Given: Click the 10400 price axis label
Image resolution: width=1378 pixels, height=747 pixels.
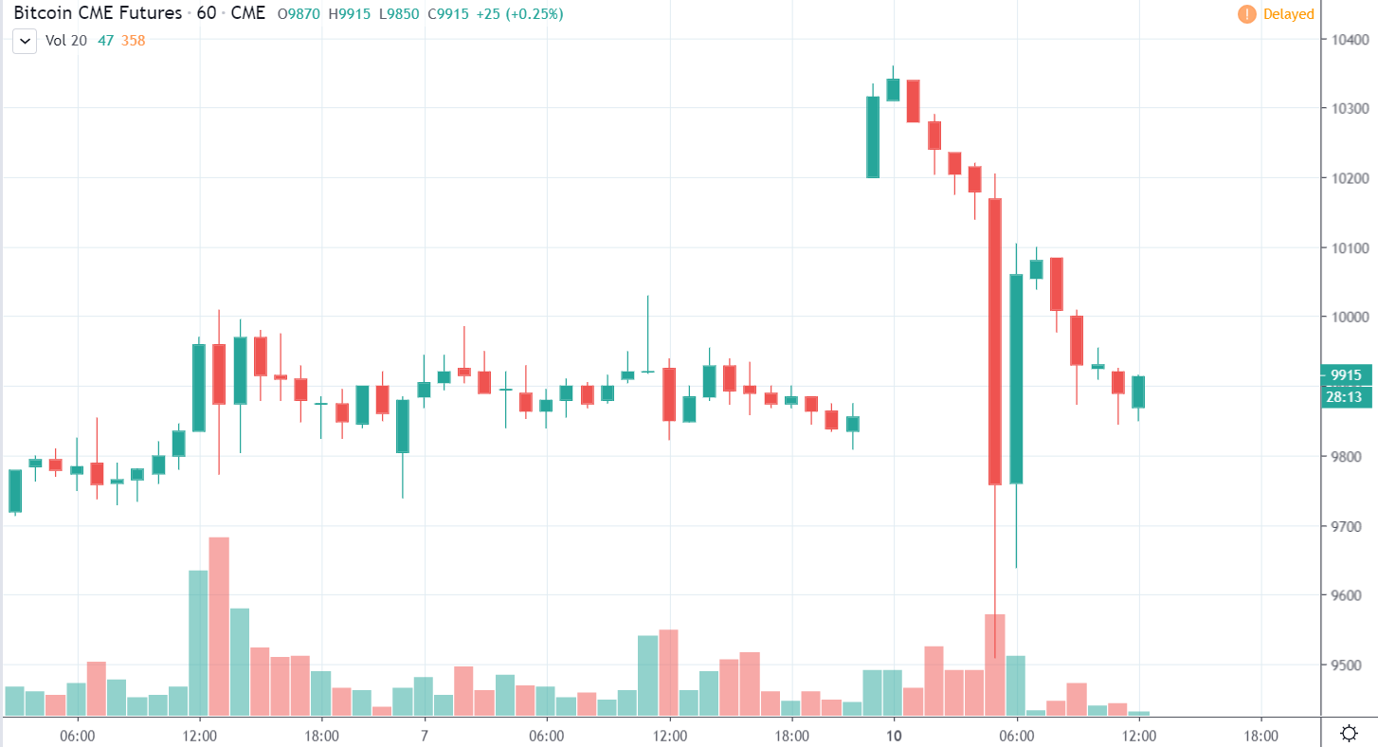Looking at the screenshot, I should [x=1349, y=39].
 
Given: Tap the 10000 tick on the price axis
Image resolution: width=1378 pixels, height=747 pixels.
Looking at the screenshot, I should [x=1349, y=317].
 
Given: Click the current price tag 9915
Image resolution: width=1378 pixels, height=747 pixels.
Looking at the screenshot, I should [x=1346, y=375].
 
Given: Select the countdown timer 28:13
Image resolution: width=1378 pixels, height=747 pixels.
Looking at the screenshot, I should [x=1346, y=396].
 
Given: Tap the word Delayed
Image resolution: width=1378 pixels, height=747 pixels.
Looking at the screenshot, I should [x=1288, y=14].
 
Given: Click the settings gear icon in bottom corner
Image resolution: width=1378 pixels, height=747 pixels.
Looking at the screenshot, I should [x=1349, y=733].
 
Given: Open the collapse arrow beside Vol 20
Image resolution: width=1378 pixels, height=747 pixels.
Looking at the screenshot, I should [x=25, y=41].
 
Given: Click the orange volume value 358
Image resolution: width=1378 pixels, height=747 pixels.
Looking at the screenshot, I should [x=133, y=41].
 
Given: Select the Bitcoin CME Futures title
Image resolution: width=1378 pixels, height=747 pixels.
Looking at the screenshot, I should [x=98, y=14].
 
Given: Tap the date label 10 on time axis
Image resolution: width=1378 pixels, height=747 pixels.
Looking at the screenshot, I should [x=893, y=735].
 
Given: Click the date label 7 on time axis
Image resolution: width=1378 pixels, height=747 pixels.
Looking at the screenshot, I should [x=424, y=735].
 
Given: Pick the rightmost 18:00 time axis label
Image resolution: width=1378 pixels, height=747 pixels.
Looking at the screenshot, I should [x=1260, y=735].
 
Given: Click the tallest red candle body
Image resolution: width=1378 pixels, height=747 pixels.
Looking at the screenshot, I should [x=995, y=341].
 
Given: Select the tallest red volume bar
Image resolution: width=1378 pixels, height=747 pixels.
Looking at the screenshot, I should [x=219, y=626].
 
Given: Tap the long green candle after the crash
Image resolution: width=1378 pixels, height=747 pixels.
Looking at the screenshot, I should [x=1016, y=379].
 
